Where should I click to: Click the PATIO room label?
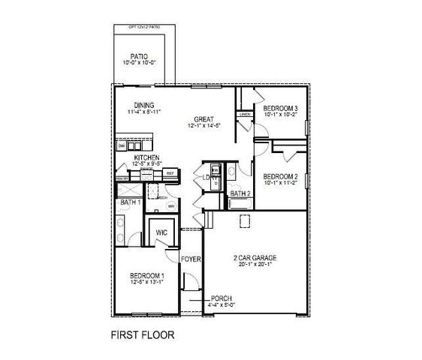[138, 56]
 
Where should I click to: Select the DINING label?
[145, 105]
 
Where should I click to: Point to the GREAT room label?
[203, 119]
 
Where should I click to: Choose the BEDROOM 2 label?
[281, 177]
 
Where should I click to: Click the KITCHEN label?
[147, 157]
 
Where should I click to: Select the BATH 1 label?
[131, 202]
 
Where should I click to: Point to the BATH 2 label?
[240, 194]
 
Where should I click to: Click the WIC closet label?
[161, 233]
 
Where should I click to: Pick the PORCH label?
[223, 298]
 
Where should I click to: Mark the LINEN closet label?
[246, 115]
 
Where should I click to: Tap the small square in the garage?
[245, 220]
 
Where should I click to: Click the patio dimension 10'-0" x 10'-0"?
[138, 64]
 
